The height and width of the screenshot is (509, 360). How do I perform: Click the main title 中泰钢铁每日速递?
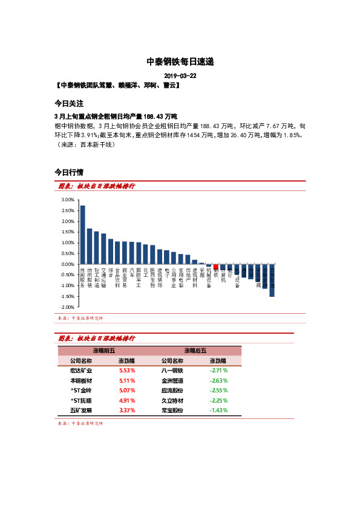click(180, 62)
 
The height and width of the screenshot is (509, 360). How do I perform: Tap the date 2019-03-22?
click(180, 76)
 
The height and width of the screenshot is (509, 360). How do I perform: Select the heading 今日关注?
click(69, 103)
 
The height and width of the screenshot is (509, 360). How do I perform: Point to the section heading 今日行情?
click(69, 172)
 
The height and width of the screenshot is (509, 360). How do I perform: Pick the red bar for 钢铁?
click(216, 267)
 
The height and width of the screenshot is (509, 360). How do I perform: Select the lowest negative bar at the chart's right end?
click(272, 280)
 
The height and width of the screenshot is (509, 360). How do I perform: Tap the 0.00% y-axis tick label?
click(68, 265)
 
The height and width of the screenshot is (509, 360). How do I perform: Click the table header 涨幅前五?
click(103, 351)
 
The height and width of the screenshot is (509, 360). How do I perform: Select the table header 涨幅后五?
click(195, 351)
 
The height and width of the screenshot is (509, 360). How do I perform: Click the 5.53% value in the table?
click(126, 370)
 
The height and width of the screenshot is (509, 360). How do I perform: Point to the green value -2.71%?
click(218, 370)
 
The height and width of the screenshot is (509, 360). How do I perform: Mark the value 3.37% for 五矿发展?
click(126, 410)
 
